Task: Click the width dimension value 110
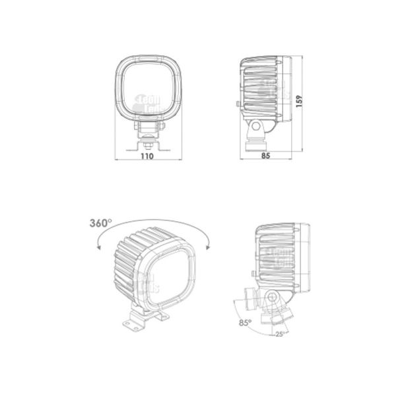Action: pos(147,157)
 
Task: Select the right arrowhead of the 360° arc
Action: pos(209,246)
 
